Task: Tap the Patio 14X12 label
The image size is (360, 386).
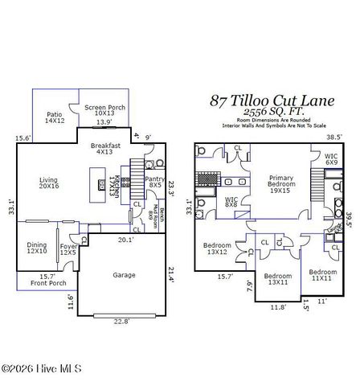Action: tap(55, 117)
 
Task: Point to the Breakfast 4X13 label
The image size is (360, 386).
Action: tap(105, 149)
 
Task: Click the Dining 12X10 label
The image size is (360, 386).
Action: tap(37, 248)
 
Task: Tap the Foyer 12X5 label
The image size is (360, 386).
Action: tap(68, 250)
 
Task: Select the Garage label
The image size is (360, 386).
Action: tap(124, 275)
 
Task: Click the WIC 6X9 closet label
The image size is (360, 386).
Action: tap(331, 160)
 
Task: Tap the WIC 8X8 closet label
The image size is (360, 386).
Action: tap(231, 202)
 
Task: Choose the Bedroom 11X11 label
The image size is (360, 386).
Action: tap(324, 274)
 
